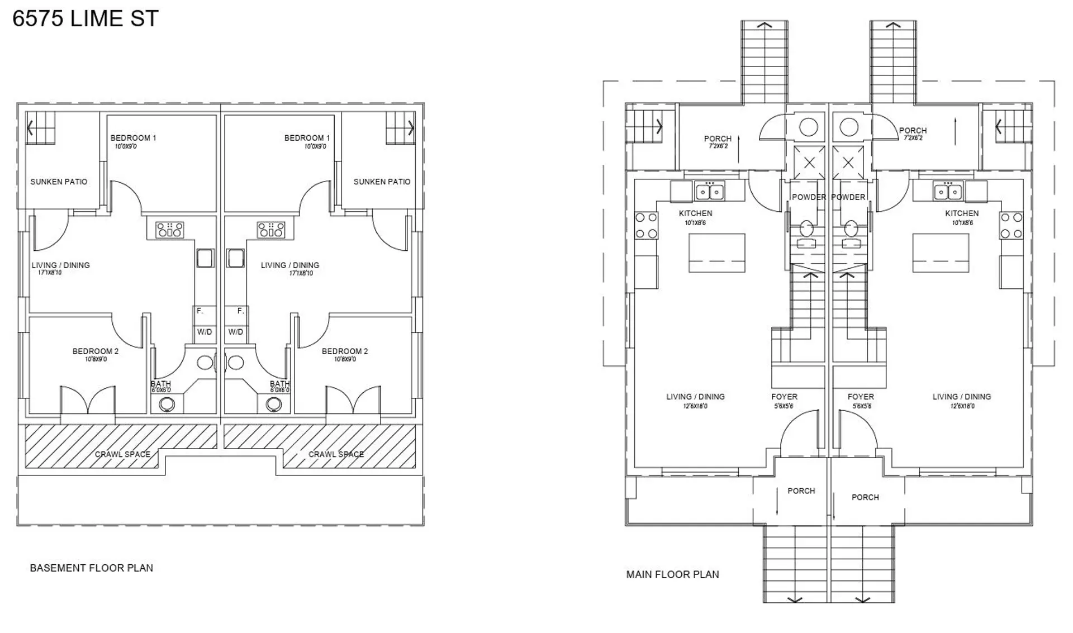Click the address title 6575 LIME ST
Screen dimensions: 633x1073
tap(86, 18)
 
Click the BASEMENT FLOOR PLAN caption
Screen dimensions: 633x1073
tap(91, 568)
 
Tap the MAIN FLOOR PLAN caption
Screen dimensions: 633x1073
tap(672, 574)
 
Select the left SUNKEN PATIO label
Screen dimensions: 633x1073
tap(59, 182)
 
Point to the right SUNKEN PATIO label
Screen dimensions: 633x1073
tap(382, 182)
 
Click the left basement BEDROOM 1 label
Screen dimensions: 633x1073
tap(133, 138)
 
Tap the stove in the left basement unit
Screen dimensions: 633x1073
tap(169, 230)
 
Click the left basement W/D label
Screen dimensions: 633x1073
tap(205, 332)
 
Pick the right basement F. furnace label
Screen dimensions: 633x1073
tap(240, 311)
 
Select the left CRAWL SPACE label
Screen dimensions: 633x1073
tap(122, 454)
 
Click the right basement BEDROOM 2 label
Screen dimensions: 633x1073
tap(345, 351)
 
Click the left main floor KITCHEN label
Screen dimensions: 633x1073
tap(695, 213)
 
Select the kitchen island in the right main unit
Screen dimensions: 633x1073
tap(941, 253)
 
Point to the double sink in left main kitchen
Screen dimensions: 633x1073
tap(709, 192)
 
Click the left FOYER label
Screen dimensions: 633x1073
tap(784, 397)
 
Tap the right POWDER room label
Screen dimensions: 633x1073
tap(848, 197)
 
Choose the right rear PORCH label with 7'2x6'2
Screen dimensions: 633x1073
tap(913, 131)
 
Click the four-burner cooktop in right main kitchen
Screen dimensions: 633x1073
tap(1011, 226)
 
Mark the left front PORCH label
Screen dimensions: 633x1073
tap(801, 491)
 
